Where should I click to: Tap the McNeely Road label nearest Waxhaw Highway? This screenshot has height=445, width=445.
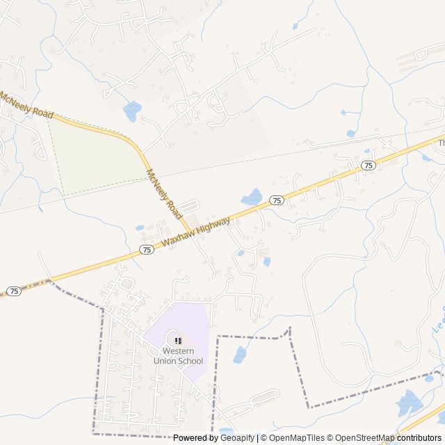tap(164, 194)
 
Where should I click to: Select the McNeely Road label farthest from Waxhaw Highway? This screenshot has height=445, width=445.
tap(26, 104)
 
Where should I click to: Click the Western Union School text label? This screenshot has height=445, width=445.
tap(178, 356)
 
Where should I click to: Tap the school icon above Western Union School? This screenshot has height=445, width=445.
tap(178, 341)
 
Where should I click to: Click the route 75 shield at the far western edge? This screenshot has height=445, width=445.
tap(15, 291)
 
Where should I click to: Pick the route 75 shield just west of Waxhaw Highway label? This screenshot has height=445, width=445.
tap(147, 249)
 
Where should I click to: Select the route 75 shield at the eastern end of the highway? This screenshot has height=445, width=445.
tap(369, 165)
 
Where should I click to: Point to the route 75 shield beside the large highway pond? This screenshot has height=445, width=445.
tap(277, 200)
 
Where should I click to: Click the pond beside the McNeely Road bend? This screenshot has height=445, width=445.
tap(131, 110)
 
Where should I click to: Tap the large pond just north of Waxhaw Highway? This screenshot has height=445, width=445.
tap(251, 197)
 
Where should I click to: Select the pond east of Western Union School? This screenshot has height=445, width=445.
tap(240, 355)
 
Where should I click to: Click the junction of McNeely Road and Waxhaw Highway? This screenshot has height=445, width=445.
tap(190, 233)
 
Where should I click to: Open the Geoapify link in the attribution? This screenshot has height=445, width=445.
tap(237, 438)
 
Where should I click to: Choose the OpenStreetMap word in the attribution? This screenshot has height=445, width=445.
tap(355, 438)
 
